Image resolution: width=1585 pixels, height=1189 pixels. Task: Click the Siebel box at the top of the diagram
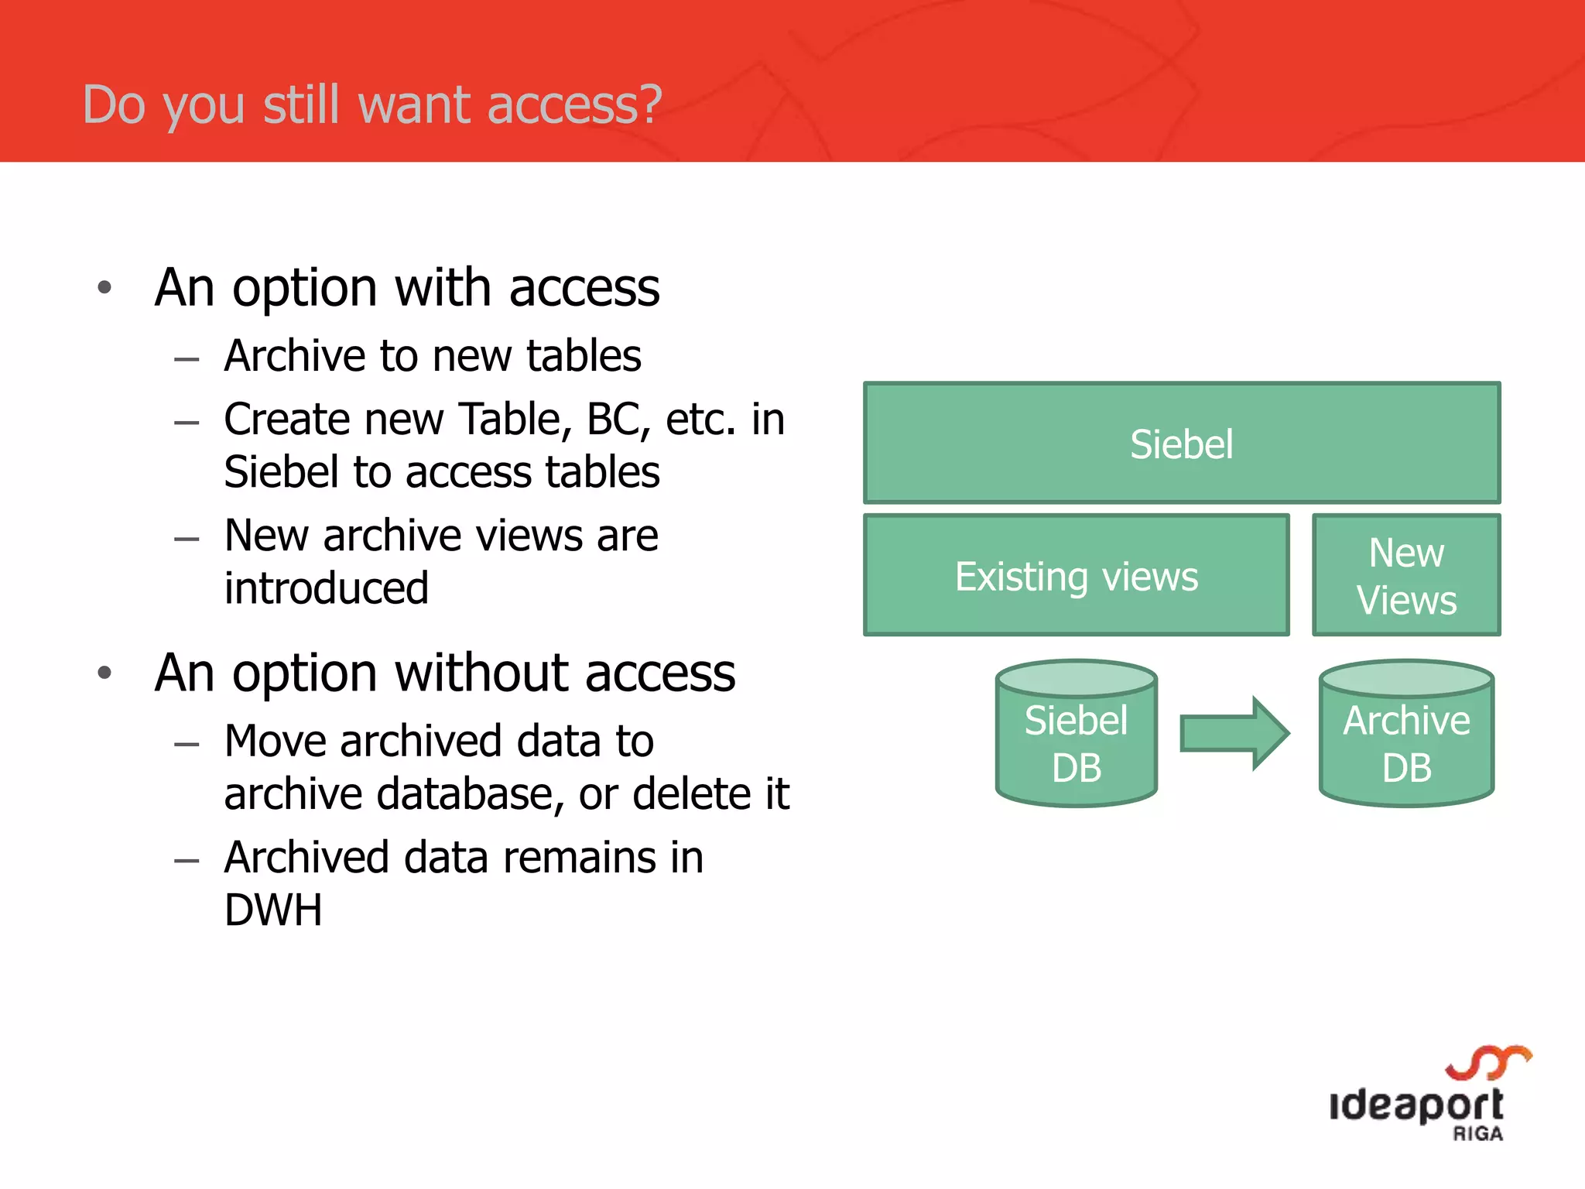[x=1181, y=443]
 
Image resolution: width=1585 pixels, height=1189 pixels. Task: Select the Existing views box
[x=1076, y=575]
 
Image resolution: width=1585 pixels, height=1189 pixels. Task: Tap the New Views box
[x=1405, y=575]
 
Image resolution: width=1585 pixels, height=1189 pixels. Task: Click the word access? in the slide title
[x=574, y=105]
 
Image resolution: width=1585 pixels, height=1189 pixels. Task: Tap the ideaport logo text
[x=1416, y=1105]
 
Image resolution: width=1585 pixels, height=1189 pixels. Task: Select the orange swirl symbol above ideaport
[x=1488, y=1062]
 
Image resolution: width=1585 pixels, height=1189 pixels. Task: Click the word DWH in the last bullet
[x=272, y=910]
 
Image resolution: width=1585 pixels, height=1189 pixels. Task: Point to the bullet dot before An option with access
[x=104, y=288]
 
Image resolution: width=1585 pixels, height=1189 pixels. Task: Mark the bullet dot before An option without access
[x=104, y=673]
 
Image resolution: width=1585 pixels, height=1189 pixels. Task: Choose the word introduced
[x=326, y=588]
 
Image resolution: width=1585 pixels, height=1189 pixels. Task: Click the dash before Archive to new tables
[x=187, y=359]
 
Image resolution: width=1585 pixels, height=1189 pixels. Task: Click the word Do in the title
[x=114, y=105]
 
